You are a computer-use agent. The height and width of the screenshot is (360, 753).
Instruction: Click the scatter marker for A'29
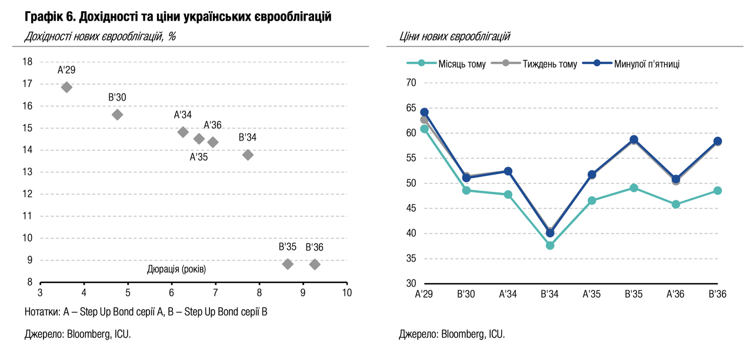pos(66,87)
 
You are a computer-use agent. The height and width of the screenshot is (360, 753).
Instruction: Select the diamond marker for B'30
pos(117,115)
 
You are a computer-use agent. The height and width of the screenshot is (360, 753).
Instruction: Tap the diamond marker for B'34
pos(248,155)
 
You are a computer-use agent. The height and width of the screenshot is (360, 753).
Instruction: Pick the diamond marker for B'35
pos(288,264)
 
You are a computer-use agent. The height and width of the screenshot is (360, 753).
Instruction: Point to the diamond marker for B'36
pos(315,264)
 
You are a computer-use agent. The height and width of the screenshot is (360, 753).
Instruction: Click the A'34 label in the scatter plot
pos(182,115)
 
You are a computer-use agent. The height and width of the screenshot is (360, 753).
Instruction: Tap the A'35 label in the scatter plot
pos(198,157)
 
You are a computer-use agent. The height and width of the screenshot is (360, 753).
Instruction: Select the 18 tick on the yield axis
pos(28,62)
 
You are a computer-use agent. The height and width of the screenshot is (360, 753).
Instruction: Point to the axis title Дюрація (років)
pos(176,269)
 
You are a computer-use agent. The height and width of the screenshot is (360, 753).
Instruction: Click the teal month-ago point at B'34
pos(550,245)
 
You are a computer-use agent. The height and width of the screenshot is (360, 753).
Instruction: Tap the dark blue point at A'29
pos(424,112)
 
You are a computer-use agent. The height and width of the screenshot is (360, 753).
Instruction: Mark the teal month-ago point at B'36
pos(718,191)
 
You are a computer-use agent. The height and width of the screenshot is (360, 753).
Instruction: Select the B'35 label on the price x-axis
pos(634,294)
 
